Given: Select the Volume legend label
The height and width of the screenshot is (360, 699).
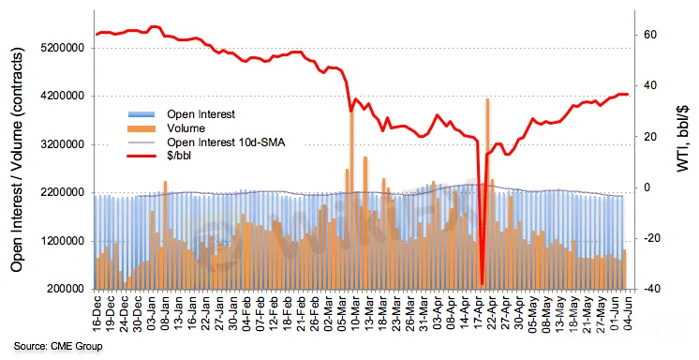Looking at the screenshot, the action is click(186, 128).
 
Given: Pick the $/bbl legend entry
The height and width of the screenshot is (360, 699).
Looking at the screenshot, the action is click(179, 157).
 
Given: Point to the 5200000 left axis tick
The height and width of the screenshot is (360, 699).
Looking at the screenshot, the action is click(63, 48).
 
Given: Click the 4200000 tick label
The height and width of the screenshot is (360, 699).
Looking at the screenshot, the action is click(63, 97).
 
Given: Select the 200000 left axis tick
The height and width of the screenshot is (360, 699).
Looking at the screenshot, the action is click(66, 289).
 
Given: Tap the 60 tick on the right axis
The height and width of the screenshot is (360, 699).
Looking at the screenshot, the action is click(650, 35).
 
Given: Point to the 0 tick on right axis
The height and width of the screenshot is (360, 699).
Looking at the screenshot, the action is click(647, 187).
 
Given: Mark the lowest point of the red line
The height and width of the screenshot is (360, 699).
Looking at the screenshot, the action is click(482, 284).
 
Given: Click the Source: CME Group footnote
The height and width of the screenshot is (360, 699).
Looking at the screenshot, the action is click(58, 346).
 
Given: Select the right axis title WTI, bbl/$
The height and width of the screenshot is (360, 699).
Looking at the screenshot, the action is click(682, 139).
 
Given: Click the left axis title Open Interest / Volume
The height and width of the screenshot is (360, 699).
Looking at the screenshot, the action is click(17, 159).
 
